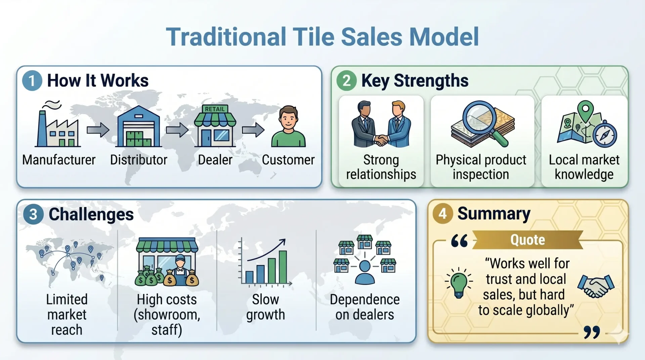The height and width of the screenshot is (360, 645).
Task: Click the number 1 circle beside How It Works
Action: (x=32, y=81)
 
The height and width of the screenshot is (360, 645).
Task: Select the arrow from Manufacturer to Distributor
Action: (x=98, y=130)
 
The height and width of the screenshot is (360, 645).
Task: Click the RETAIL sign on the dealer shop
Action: (x=215, y=109)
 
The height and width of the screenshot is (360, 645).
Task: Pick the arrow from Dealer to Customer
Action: (x=253, y=130)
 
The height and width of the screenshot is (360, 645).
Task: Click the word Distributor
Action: (x=138, y=160)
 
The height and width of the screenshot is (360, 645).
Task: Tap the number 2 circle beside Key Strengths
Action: (x=346, y=81)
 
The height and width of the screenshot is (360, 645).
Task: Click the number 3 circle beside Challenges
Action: (x=33, y=214)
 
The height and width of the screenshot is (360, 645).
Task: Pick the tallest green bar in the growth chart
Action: (x=283, y=267)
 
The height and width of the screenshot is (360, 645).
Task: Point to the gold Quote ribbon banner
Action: (x=527, y=240)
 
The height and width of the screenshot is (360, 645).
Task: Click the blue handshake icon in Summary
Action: (x=596, y=286)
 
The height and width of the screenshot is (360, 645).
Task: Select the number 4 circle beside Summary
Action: (x=442, y=214)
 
